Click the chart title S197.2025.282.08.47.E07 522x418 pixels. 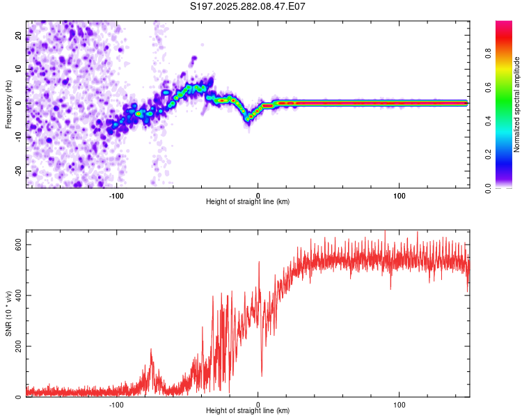(x=248, y=7)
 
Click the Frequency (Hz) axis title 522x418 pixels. (x=9, y=103)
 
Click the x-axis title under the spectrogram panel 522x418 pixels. (x=248, y=201)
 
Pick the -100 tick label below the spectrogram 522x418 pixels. (x=116, y=195)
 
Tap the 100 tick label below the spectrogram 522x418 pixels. (x=400, y=195)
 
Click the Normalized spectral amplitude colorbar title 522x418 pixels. (x=517, y=104)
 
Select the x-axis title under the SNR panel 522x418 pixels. (x=248, y=410)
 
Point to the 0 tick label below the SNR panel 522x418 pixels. (x=258, y=404)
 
